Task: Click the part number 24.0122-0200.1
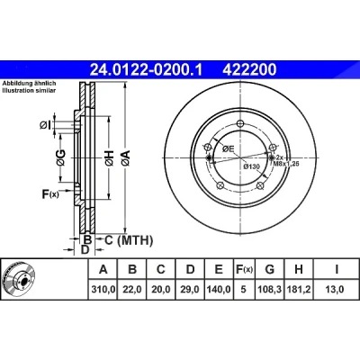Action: [x=147, y=70]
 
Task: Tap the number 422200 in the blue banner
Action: [x=249, y=70]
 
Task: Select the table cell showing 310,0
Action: [x=103, y=290]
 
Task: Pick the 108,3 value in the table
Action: [x=270, y=290]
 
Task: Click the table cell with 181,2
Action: [x=299, y=290]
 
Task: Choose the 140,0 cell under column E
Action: [x=219, y=290]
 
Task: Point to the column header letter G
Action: [x=270, y=269]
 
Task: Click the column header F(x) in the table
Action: [x=244, y=269]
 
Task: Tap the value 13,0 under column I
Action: [x=336, y=290]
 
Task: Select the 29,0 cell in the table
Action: [x=190, y=290]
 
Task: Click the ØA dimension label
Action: [x=126, y=157]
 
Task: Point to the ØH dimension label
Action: [x=109, y=157]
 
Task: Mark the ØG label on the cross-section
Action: [x=60, y=157]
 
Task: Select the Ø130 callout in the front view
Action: [x=251, y=166]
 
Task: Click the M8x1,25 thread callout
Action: [x=286, y=164]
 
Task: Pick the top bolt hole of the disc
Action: [x=240, y=123]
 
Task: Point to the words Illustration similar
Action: [x=29, y=90]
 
